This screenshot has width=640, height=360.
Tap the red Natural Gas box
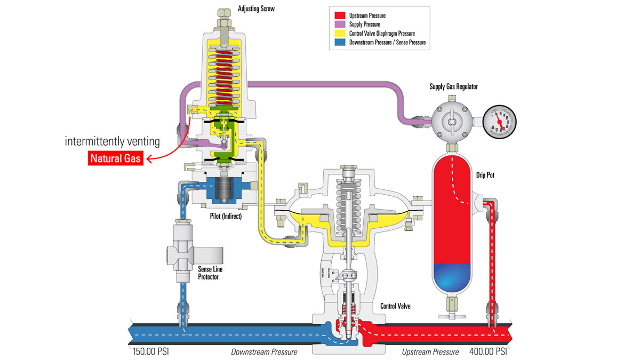[116, 158]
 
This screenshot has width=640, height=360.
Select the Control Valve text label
[397, 306]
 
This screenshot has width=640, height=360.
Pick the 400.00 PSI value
[487, 352]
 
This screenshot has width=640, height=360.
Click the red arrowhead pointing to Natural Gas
[150, 158]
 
